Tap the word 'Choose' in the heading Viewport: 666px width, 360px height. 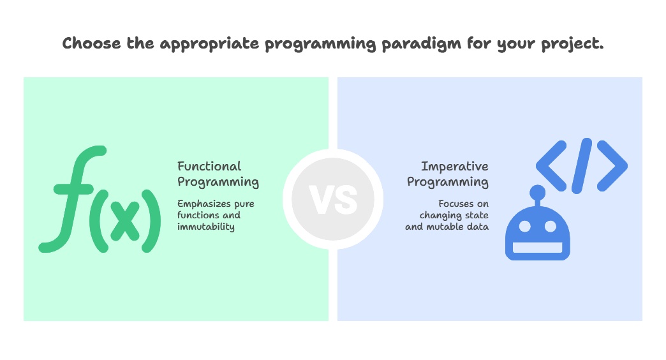[90, 43]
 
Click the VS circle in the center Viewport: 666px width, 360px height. [333, 199]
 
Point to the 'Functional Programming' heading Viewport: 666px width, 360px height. [218, 174]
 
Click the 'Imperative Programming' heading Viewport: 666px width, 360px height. [448, 174]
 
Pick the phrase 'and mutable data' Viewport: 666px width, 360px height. [447, 227]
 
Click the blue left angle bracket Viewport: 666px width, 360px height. [551, 165]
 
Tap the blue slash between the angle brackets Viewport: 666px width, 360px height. [582, 165]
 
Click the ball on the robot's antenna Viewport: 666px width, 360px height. [538, 191]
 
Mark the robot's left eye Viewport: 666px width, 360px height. [524, 227]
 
